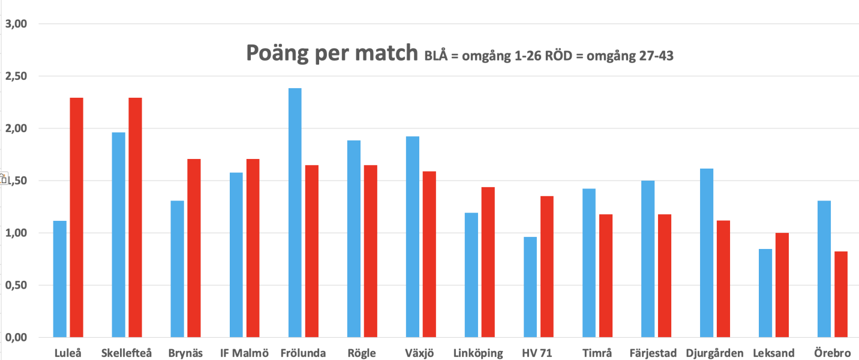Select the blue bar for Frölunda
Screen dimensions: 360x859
point(295,212)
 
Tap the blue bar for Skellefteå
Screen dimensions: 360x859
point(119,235)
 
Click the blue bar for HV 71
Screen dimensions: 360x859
point(530,287)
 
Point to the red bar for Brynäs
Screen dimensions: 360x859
point(194,248)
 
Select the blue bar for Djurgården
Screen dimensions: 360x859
point(706,253)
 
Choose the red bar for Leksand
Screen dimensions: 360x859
point(782,285)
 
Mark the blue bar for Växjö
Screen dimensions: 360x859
point(412,236)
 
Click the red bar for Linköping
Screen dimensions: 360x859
point(488,262)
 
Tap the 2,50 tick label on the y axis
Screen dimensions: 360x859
point(17,76)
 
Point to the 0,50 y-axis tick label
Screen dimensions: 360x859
point(17,285)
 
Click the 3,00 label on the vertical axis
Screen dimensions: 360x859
point(17,24)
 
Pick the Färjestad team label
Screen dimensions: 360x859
point(654,353)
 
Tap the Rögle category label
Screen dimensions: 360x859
point(361,353)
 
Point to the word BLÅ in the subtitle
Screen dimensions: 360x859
point(437,57)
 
